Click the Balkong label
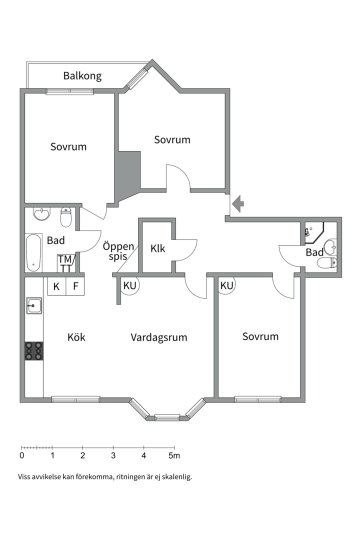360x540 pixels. coord(82,76)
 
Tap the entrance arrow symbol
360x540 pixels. coord(237,204)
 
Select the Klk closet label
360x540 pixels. coord(158,248)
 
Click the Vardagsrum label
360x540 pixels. coord(159,337)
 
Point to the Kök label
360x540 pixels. coord(76,337)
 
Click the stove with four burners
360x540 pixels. coord(34,350)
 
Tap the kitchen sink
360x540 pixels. coord(34,305)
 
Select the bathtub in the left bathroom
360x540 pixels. coord(33,253)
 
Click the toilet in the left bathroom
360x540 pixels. coord(65,217)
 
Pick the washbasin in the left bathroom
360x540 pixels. coord(42,214)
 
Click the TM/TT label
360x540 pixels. coord(65,263)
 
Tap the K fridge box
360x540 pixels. coord(56,286)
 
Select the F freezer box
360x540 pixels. coord(75,286)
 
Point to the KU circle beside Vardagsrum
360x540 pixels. coord(130,285)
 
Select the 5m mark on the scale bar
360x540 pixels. coord(174,455)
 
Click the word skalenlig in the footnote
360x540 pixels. coord(178,477)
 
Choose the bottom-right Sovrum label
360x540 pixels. coord(260,336)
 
